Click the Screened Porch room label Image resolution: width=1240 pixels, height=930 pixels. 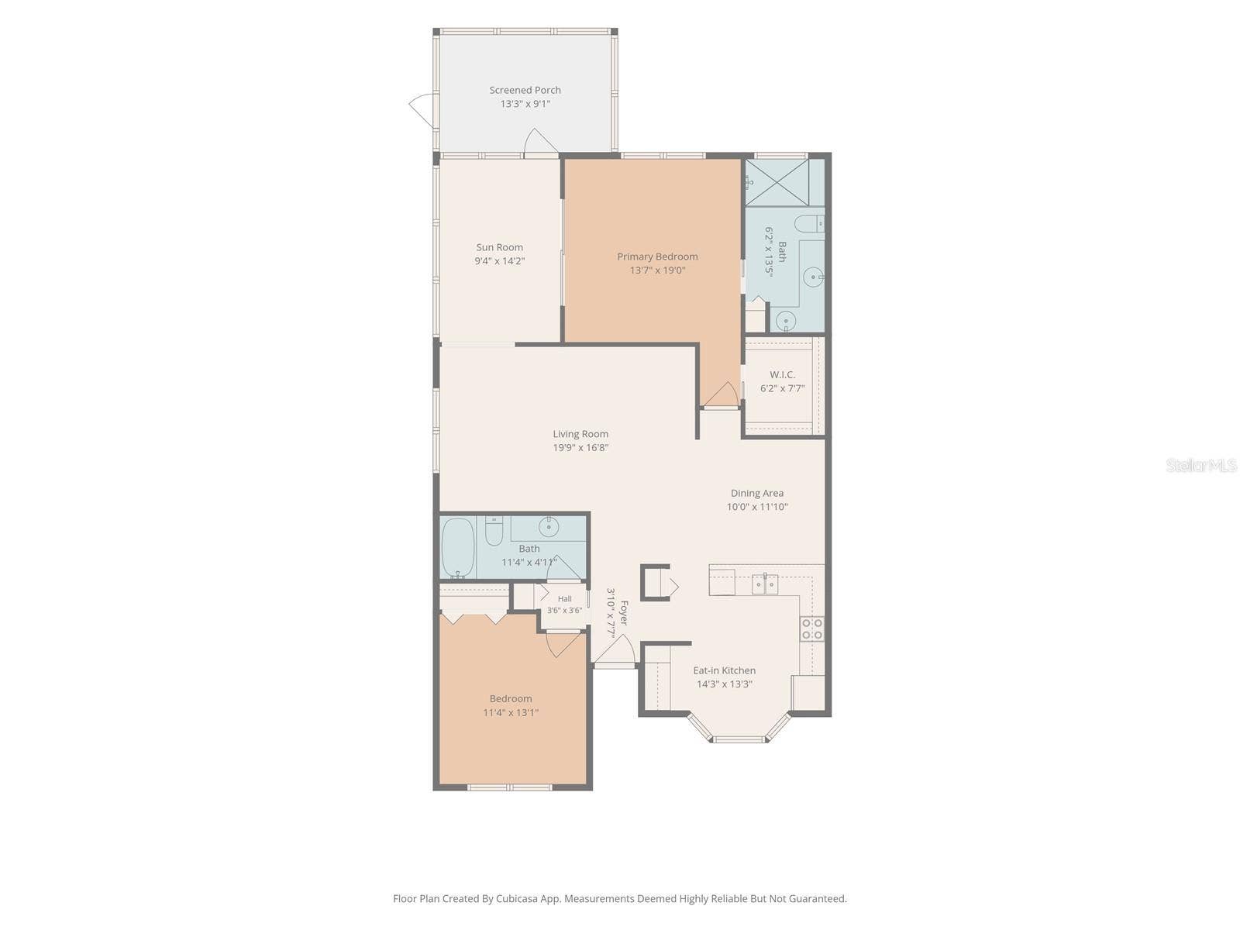click(525, 90)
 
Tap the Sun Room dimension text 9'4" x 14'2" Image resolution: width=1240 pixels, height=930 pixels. click(499, 261)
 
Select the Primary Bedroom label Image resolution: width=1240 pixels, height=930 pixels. click(657, 257)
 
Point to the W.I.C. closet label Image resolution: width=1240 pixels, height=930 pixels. click(782, 374)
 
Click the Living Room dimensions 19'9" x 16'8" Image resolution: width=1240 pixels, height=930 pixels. click(580, 448)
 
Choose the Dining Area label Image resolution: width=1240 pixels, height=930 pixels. click(757, 493)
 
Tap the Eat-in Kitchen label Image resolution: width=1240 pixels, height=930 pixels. click(724, 670)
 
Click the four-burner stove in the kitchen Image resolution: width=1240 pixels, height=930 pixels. click(811, 629)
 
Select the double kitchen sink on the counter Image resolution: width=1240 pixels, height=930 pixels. click(764, 584)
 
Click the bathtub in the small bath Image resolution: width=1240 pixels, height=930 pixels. click(457, 548)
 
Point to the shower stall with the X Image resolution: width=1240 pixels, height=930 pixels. click(777, 182)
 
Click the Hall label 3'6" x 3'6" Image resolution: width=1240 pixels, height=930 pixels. click(564, 604)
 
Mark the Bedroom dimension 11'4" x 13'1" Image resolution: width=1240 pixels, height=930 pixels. click(510, 712)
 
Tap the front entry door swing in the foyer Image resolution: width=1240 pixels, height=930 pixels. click(614, 649)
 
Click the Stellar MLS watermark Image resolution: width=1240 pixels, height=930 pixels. click(1201, 465)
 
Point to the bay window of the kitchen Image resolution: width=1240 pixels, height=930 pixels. click(739, 728)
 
